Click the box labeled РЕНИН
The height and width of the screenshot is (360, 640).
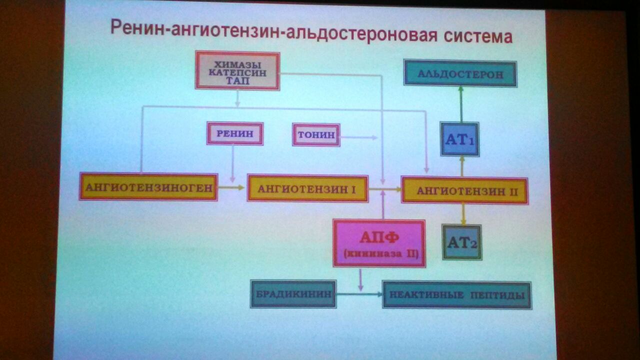tap(235, 133)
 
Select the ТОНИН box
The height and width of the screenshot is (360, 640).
tap(316, 135)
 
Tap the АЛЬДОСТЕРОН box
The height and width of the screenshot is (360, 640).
tap(460, 73)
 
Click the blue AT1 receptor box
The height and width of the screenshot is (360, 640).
tap(459, 139)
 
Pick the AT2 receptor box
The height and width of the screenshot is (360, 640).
tap(462, 242)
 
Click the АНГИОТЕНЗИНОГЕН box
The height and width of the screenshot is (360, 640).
tap(148, 187)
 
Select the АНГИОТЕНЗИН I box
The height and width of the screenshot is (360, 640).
tap(307, 189)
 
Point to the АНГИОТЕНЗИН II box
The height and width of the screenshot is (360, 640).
tap(464, 190)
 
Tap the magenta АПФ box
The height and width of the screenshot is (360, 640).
tap(379, 243)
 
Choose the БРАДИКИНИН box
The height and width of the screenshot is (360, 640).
tap(293, 294)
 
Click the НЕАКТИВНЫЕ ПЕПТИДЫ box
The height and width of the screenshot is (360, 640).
tap(457, 295)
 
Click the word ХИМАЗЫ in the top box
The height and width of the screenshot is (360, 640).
tap(237, 64)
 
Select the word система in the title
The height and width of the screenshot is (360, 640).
tap(478, 36)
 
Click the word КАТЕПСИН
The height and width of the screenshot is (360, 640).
tap(237, 72)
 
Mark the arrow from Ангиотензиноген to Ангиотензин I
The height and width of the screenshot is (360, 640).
tap(231, 187)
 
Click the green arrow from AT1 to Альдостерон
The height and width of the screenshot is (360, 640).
tap(461, 104)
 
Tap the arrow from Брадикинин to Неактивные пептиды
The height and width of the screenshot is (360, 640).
tap(359, 294)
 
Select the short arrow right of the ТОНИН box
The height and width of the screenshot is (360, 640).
tap(359, 137)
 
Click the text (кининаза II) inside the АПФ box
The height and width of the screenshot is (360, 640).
tap(381, 254)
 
